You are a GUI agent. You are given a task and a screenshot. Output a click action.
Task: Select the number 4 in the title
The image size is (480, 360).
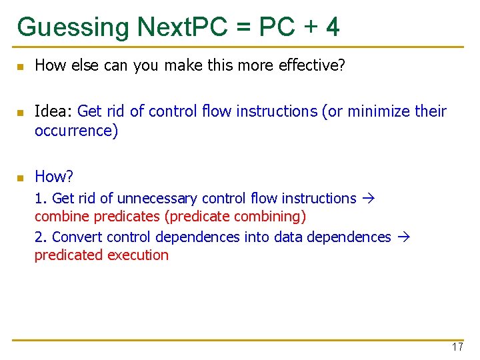pos(333,27)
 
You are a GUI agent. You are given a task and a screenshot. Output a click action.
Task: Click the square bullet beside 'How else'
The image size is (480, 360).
pos(20,67)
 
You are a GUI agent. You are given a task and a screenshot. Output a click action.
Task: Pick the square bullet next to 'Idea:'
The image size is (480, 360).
pos(20,113)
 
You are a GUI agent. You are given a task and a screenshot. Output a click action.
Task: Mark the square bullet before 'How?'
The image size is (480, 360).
pos(20,178)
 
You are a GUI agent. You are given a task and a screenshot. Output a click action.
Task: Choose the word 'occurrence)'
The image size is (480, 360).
pos(76,130)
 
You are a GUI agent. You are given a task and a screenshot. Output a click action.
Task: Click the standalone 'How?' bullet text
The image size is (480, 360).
pos(54,177)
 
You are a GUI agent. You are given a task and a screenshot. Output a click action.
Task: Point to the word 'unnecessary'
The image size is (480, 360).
pos(157,199)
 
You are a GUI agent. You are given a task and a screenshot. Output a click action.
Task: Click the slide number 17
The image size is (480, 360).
pos(457,347)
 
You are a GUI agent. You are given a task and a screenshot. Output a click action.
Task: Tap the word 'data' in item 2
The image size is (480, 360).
pos(293,237)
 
